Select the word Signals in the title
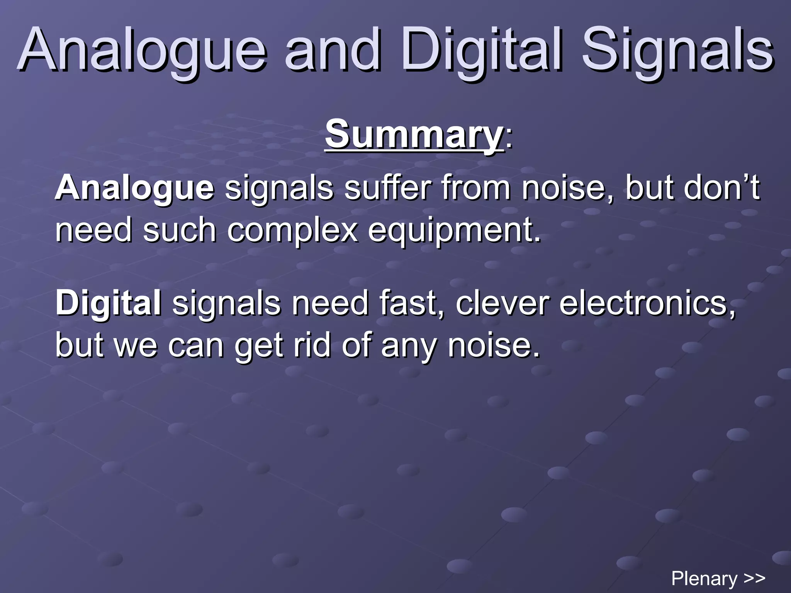tap(677, 50)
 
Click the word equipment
tap(454, 231)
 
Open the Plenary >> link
tap(718, 578)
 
